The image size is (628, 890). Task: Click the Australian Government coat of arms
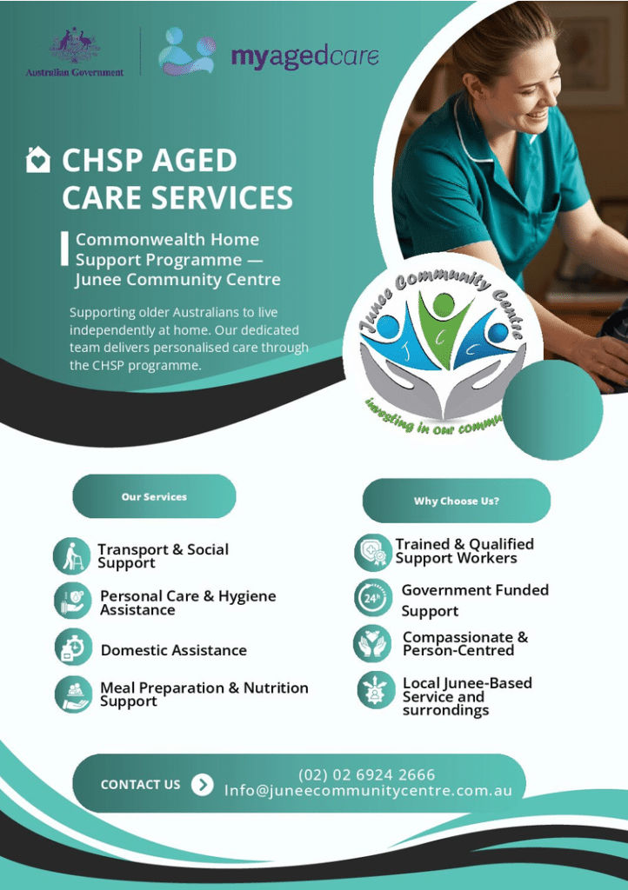point(75,46)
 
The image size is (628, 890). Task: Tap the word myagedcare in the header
point(305,57)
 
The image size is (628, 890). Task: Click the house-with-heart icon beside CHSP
point(38,159)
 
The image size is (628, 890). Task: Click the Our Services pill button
point(154,496)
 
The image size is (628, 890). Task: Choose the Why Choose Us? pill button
point(457,501)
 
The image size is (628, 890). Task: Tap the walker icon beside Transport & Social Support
point(71,555)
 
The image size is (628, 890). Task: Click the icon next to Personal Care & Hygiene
point(73,601)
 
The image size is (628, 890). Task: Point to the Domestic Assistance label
point(174,650)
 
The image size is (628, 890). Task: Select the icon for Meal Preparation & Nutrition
point(73,694)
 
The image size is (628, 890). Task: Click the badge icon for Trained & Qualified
point(372,552)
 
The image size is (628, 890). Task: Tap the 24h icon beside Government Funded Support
point(372,598)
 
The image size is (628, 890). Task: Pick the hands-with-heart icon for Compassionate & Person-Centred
point(372,644)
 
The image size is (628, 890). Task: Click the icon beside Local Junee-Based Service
point(376,690)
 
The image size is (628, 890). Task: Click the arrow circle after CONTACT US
point(202,785)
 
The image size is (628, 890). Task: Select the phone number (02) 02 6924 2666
point(367,774)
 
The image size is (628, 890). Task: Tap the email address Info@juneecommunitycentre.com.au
point(368,791)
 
